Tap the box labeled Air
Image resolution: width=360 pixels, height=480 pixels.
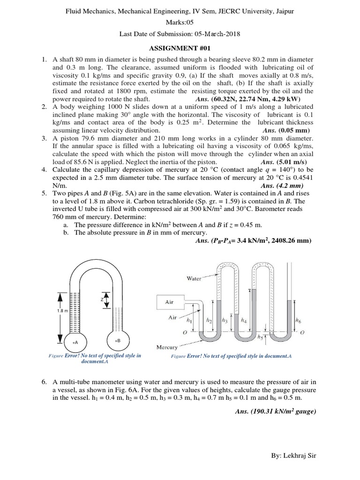tap(169, 302)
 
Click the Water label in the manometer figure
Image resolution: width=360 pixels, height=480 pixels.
tap(194, 278)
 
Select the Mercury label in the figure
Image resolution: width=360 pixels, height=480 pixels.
tap(167, 347)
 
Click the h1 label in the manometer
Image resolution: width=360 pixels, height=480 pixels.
tap(189, 321)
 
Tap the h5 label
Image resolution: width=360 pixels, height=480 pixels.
tap(260, 337)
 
